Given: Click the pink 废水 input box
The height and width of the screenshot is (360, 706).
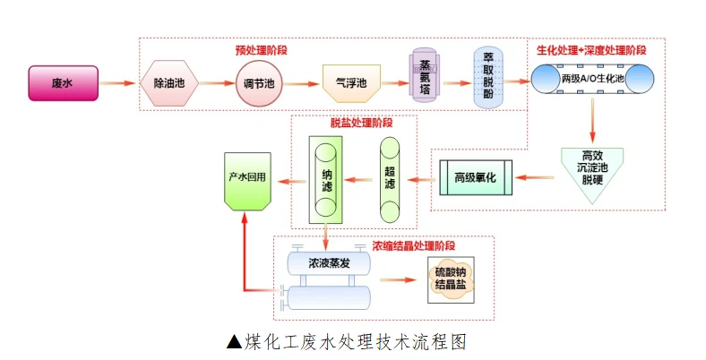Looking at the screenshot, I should (63, 83).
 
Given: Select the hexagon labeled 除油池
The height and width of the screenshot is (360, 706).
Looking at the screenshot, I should (169, 83).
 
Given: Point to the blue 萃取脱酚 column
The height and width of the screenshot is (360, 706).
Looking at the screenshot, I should (489, 81).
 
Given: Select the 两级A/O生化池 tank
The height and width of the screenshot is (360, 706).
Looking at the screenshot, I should (591, 80).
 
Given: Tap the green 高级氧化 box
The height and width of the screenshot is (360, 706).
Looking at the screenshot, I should (479, 177).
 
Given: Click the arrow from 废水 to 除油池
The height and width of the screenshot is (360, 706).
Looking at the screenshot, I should (116, 83).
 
